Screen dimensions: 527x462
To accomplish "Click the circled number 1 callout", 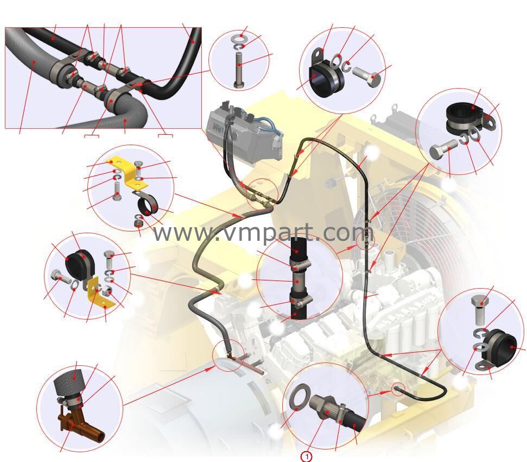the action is click(x=306, y=457).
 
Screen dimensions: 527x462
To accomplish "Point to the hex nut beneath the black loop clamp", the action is click(x=139, y=223).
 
